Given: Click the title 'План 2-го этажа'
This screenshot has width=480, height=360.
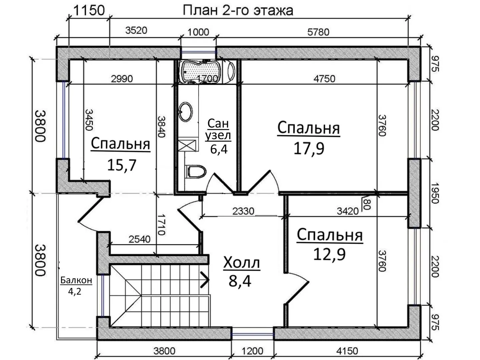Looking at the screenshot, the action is [238, 10].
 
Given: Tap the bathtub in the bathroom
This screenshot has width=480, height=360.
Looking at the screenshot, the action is [200, 71].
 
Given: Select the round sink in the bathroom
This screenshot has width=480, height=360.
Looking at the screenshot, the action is [186, 111].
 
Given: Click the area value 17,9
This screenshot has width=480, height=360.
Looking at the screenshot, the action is [309, 149].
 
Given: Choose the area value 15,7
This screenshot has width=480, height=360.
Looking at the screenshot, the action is [122, 165].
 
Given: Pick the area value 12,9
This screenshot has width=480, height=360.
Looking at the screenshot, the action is [329, 254].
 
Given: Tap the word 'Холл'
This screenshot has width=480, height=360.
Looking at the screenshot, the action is [242, 263].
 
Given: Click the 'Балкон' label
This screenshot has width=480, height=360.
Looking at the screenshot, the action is [76, 280].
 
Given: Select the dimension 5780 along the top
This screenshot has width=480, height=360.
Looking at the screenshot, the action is [318, 32].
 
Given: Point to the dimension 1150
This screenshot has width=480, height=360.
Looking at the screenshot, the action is [89, 10].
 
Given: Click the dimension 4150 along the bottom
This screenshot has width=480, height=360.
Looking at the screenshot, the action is [347, 351].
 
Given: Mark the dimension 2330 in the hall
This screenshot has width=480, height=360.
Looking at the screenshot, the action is [244, 211].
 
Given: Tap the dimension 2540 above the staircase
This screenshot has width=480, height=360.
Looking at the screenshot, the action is [139, 239].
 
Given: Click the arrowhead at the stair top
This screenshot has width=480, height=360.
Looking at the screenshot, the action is [205, 279].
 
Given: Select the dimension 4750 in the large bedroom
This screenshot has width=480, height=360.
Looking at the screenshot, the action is [324, 79].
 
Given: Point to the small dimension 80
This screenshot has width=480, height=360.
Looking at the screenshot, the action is [368, 204].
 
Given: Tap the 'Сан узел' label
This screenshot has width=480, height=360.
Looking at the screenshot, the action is [218, 130].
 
